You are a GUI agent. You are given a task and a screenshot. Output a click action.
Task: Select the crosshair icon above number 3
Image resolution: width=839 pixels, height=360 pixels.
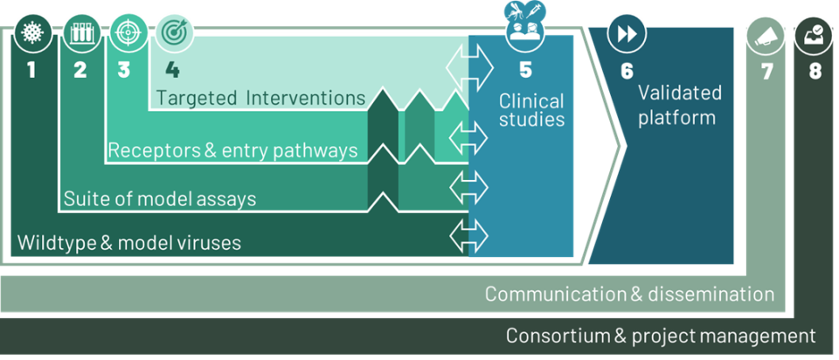(x=128, y=33)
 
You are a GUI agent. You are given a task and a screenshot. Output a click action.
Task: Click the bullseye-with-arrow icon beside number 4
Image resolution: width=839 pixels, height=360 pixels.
(x=175, y=33)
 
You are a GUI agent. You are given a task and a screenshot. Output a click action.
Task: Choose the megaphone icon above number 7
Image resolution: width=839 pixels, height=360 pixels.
(x=766, y=36)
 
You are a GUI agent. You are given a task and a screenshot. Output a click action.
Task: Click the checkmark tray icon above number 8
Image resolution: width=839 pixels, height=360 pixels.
(x=813, y=36)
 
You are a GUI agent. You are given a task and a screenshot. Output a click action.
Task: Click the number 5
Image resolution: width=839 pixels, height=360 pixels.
(x=525, y=71)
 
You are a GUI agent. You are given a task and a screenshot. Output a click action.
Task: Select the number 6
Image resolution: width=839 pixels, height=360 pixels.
(x=627, y=71)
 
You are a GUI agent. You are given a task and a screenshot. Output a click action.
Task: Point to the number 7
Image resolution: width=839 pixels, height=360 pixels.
(x=767, y=72)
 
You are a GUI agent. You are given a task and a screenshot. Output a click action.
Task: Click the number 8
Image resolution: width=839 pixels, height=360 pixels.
(x=815, y=72)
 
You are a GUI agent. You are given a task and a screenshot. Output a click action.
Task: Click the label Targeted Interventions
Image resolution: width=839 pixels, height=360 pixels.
(x=260, y=98)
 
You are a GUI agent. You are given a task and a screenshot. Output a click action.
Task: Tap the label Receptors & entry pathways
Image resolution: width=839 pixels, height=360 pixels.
(x=232, y=150)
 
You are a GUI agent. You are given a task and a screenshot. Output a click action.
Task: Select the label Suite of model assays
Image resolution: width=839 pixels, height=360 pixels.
(x=160, y=199)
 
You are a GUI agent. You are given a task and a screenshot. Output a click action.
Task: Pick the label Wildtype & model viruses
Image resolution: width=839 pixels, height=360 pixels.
(x=129, y=243)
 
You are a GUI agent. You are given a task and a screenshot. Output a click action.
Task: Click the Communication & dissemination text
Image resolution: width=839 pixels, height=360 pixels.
(x=630, y=294)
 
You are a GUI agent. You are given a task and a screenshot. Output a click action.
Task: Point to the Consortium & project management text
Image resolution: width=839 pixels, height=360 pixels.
(x=661, y=336)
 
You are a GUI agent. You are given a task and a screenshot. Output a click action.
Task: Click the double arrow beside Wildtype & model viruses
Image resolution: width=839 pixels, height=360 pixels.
(x=468, y=235)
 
